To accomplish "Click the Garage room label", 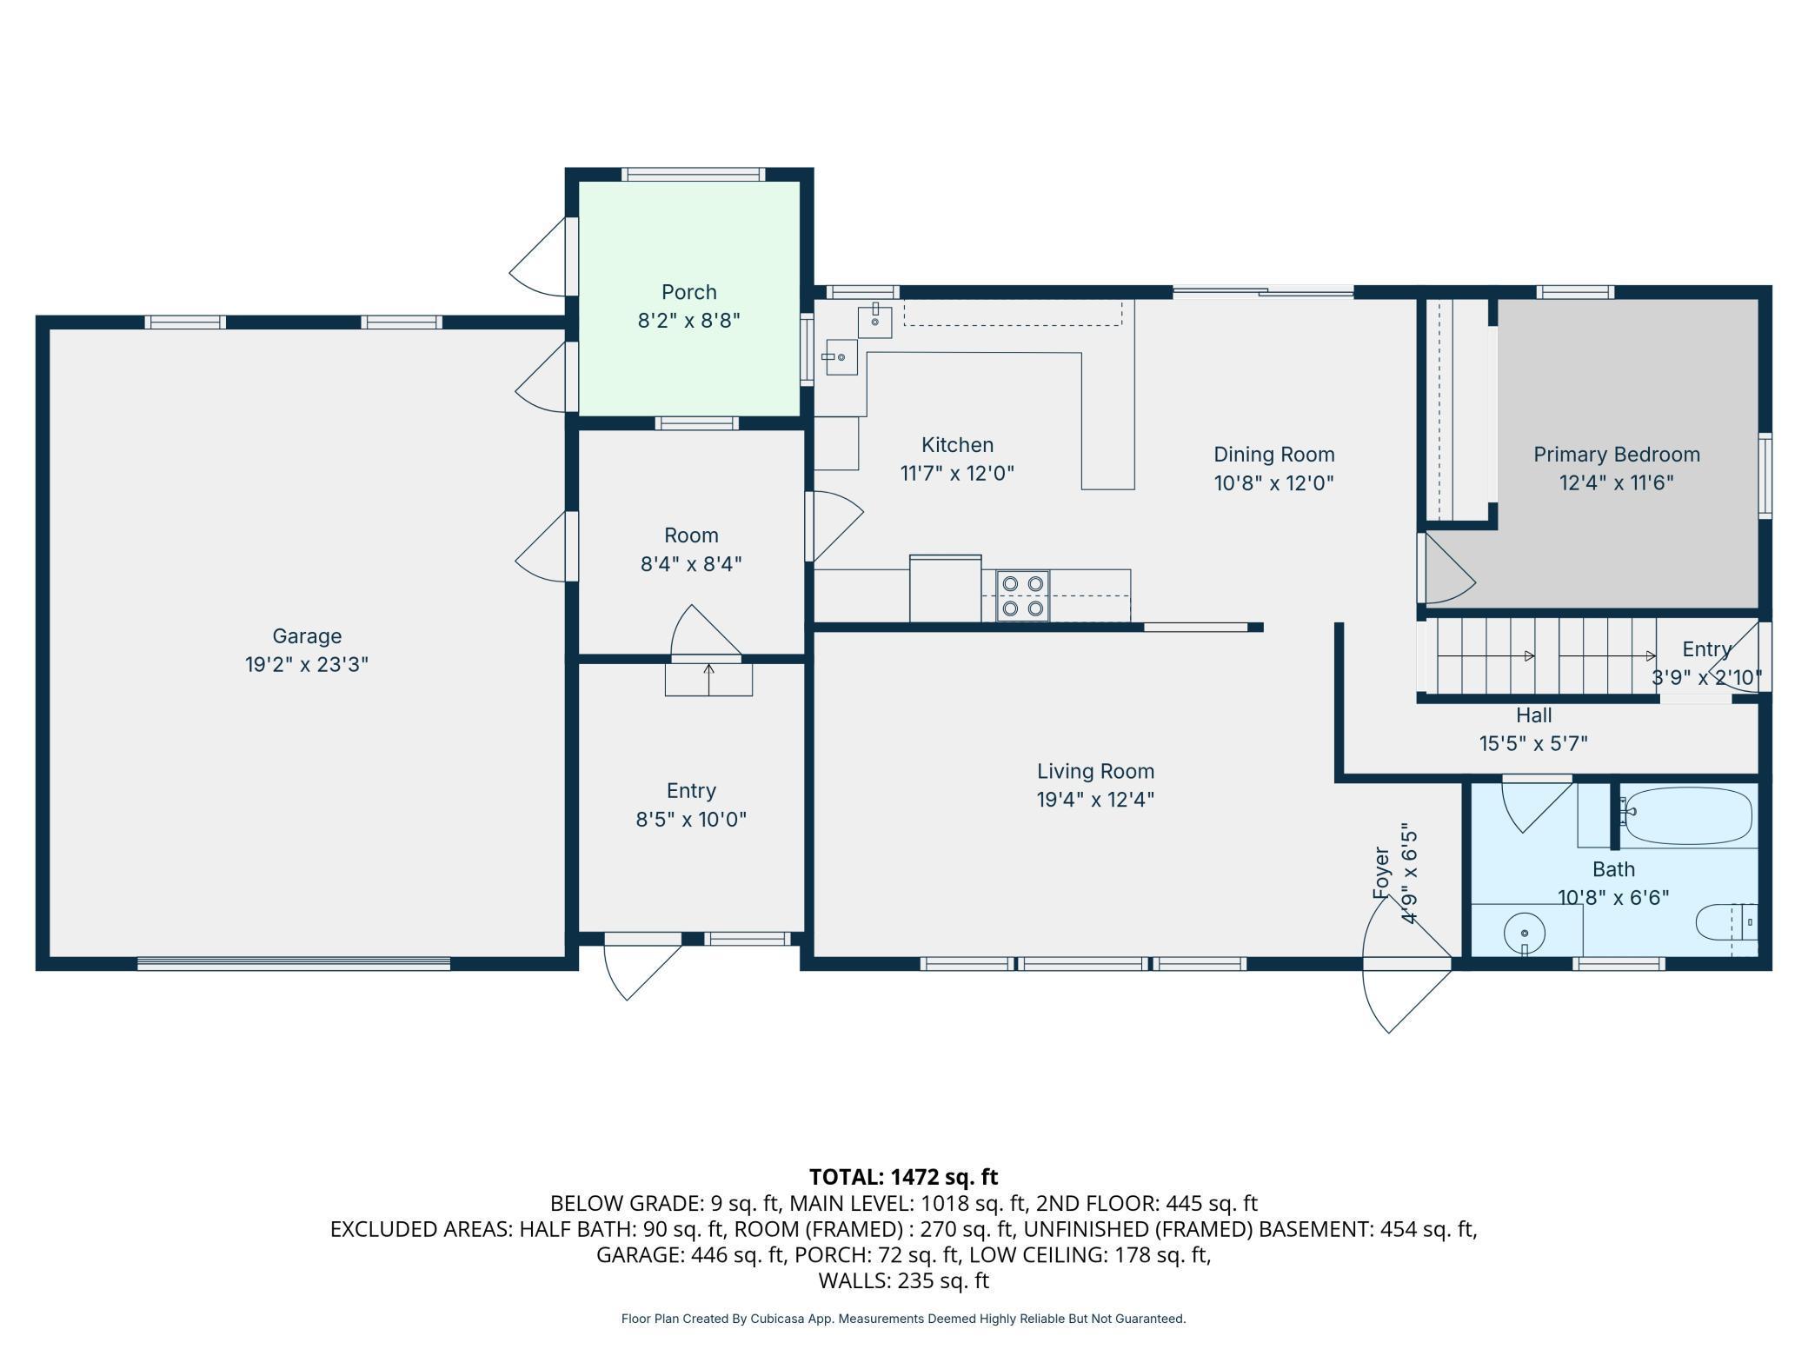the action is [307, 636].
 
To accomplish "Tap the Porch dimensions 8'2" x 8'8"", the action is [689, 321].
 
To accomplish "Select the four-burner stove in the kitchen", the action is [1022, 596].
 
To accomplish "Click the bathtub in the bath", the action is [1687, 815].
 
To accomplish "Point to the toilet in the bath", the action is [1726, 922].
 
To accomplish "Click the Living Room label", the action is [1095, 771].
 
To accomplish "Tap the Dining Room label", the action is [1273, 455].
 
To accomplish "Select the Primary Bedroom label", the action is [1616, 455].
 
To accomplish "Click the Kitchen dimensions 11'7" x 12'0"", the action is [957, 474].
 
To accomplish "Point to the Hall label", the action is [1533, 715].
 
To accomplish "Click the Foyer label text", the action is [1381, 872].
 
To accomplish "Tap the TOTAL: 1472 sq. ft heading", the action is [903, 1177].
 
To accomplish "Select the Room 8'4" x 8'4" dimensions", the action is [691, 564].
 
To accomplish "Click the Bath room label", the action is [1613, 869].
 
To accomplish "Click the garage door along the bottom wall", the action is [294, 963].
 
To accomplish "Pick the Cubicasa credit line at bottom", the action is [903, 1319].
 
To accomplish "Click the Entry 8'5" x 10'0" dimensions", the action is [691, 820].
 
